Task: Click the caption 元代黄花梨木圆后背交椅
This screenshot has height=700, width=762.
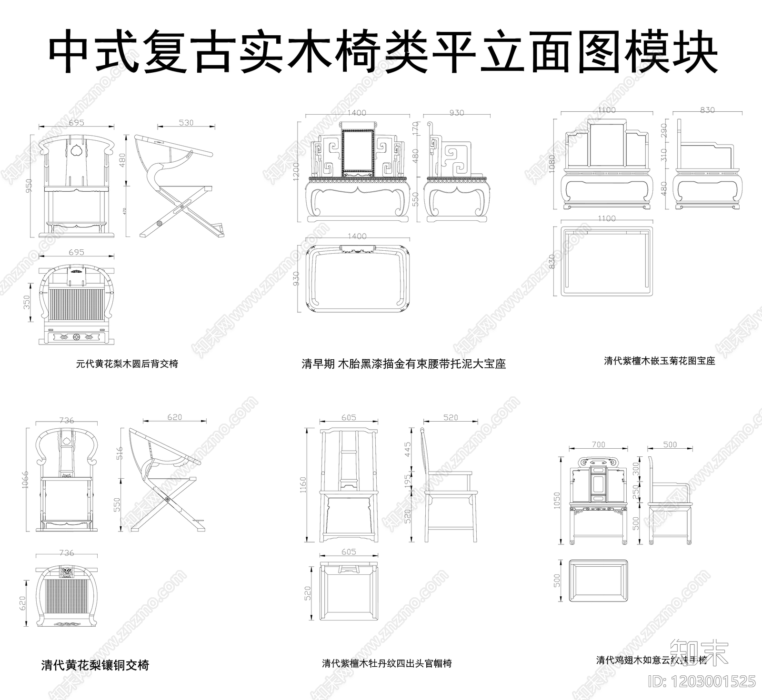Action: tap(127, 364)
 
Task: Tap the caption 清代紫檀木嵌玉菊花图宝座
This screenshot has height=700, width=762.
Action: tap(659, 361)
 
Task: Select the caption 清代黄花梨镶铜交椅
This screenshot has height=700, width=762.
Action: tap(95, 665)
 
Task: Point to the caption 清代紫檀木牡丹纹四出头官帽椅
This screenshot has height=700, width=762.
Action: tap(387, 663)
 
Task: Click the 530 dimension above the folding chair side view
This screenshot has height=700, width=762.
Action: tap(186, 122)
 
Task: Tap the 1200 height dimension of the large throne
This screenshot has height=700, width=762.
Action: tap(296, 171)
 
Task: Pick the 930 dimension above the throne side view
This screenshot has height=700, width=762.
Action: tap(456, 113)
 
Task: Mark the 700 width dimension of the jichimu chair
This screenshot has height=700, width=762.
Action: tap(598, 444)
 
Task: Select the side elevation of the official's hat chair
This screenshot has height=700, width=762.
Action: tap(450, 485)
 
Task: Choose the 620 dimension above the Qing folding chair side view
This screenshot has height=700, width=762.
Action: tap(175, 417)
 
